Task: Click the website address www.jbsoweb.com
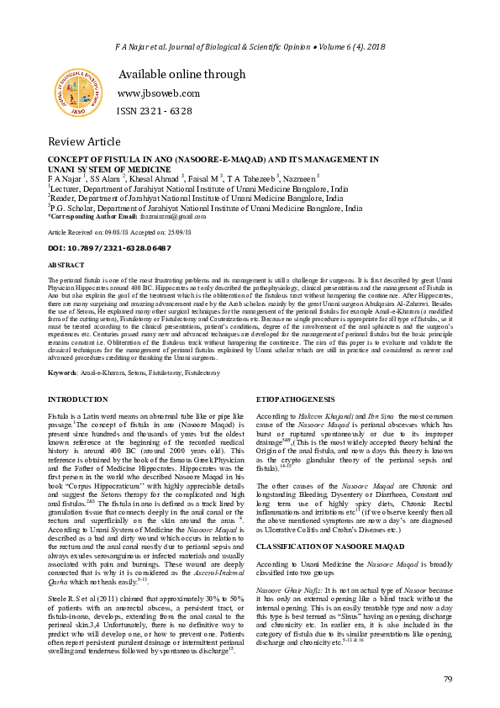click(158, 93)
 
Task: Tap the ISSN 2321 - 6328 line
click(155, 112)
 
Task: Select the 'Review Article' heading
click(84, 140)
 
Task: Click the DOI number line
click(109, 248)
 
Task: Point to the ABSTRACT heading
click(66, 265)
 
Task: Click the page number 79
click(447, 679)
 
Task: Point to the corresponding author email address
click(158, 217)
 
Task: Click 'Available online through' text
click(182, 75)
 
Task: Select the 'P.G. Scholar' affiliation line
click(206, 208)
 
